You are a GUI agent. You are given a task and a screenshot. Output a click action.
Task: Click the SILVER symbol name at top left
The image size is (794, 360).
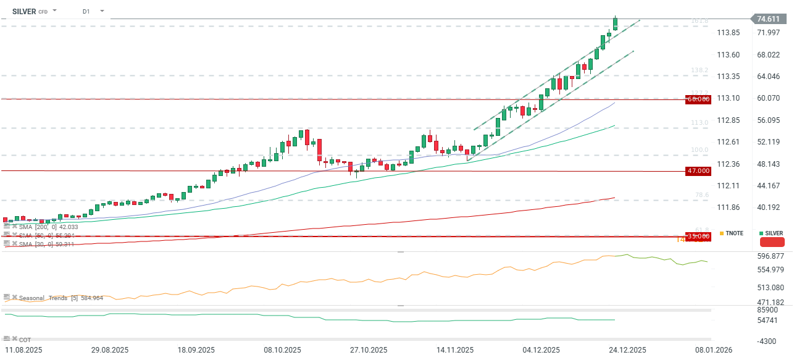coord(24,11)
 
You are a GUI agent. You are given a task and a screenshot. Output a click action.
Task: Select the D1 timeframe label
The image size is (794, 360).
coord(86,11)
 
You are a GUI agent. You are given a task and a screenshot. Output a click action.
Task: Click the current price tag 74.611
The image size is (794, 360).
coord(767,19)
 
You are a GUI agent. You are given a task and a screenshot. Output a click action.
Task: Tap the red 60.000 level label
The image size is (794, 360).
coord(698,99)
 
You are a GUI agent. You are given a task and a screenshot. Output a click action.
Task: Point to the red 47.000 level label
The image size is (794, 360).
coord(698,170)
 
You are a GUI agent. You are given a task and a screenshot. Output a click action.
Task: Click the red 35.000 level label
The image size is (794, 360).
coord(698,237)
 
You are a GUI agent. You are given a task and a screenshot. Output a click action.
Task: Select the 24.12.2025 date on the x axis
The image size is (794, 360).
coord(628,350)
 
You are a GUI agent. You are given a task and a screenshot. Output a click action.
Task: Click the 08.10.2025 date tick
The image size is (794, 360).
coord(282,350)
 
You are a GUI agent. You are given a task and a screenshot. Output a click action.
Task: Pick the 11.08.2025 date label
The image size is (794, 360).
coord(23,350)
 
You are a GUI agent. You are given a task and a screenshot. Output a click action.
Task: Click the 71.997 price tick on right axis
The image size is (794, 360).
coord(769,32)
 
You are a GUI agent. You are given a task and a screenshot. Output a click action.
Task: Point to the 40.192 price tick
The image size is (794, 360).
coord(769,207)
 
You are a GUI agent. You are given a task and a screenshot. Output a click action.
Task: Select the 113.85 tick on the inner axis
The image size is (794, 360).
coord(729,33)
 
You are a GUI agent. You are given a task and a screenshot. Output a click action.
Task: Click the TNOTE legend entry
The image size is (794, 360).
coord(734,233)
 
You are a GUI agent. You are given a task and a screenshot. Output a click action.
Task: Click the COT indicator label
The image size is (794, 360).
coord(25,340)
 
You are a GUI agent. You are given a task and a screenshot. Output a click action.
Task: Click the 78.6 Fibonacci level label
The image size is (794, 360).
coord(701,195)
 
